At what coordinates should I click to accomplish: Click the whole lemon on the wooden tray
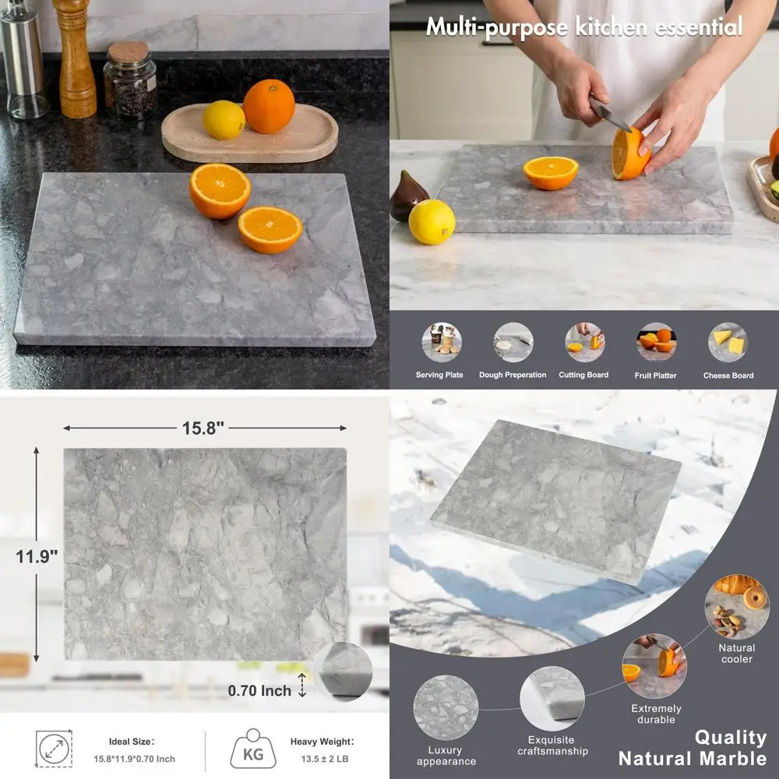click(224, 120)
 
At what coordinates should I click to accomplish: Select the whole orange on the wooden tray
click(269, 107)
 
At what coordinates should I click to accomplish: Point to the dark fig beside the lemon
click(407, 195)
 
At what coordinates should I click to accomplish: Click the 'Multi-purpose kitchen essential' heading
click(583, 27)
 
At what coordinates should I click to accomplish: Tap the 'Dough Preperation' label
click(513, 375)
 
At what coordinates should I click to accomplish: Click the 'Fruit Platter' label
click(655, 375)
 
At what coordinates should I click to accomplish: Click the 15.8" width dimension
click(203, 428)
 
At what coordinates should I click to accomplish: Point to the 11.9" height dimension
click(37, 557)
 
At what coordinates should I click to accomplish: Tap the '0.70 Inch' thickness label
click(259, 690)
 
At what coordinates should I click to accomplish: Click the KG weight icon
click(253, 749)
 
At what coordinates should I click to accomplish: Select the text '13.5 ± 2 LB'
click(322, 759)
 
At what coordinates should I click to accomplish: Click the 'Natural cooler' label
click(736, 653)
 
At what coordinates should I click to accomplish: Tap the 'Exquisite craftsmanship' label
click(552, 746)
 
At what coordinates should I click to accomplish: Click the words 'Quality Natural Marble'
click(693, 748)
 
